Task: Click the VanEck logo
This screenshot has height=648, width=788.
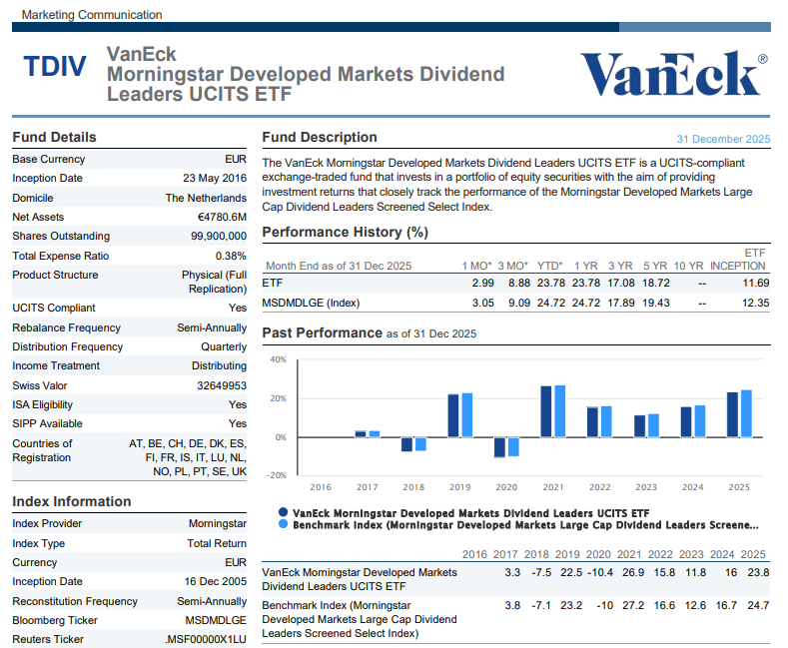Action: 673,74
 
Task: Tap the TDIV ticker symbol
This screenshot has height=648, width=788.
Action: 55,68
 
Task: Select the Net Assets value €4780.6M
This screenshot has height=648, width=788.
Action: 222,217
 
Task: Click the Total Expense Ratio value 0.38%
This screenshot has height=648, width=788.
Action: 231,256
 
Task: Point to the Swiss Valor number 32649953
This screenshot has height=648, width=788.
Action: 222,385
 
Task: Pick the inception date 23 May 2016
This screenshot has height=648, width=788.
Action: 209,178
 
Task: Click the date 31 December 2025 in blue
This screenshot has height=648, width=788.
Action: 723,139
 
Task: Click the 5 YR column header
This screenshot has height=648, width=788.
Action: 654,266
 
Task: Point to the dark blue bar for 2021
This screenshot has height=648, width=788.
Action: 546,411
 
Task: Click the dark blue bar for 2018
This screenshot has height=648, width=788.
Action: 407,444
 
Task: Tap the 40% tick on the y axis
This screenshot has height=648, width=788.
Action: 278,359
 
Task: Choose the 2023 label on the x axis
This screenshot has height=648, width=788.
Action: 646,487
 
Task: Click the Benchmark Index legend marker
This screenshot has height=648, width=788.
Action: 284,524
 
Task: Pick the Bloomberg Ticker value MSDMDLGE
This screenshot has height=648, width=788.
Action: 217,620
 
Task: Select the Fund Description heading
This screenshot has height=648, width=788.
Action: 320,137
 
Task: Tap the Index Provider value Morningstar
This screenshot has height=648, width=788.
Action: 218,523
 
